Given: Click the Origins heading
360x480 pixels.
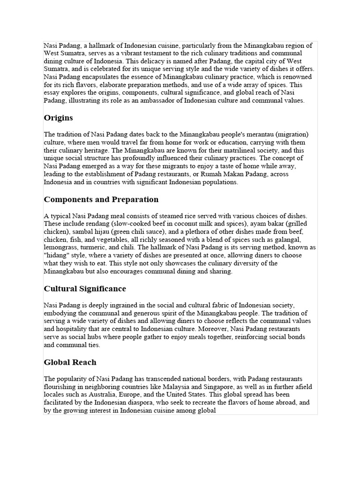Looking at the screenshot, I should [x=58, y=118].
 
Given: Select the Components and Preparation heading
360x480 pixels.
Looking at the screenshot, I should [x=101, y=199].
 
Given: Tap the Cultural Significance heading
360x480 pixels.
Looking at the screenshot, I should [x=85, y=288].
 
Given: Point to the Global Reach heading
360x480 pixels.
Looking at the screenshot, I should [x=70, y=362].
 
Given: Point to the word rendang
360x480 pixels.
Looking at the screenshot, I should [x=90, y=223].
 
